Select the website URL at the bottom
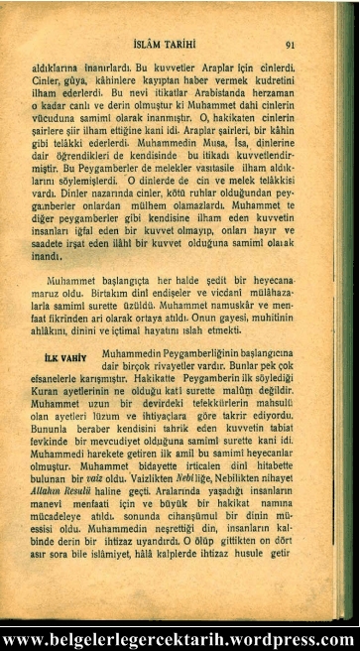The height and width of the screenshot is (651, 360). [180, 639]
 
